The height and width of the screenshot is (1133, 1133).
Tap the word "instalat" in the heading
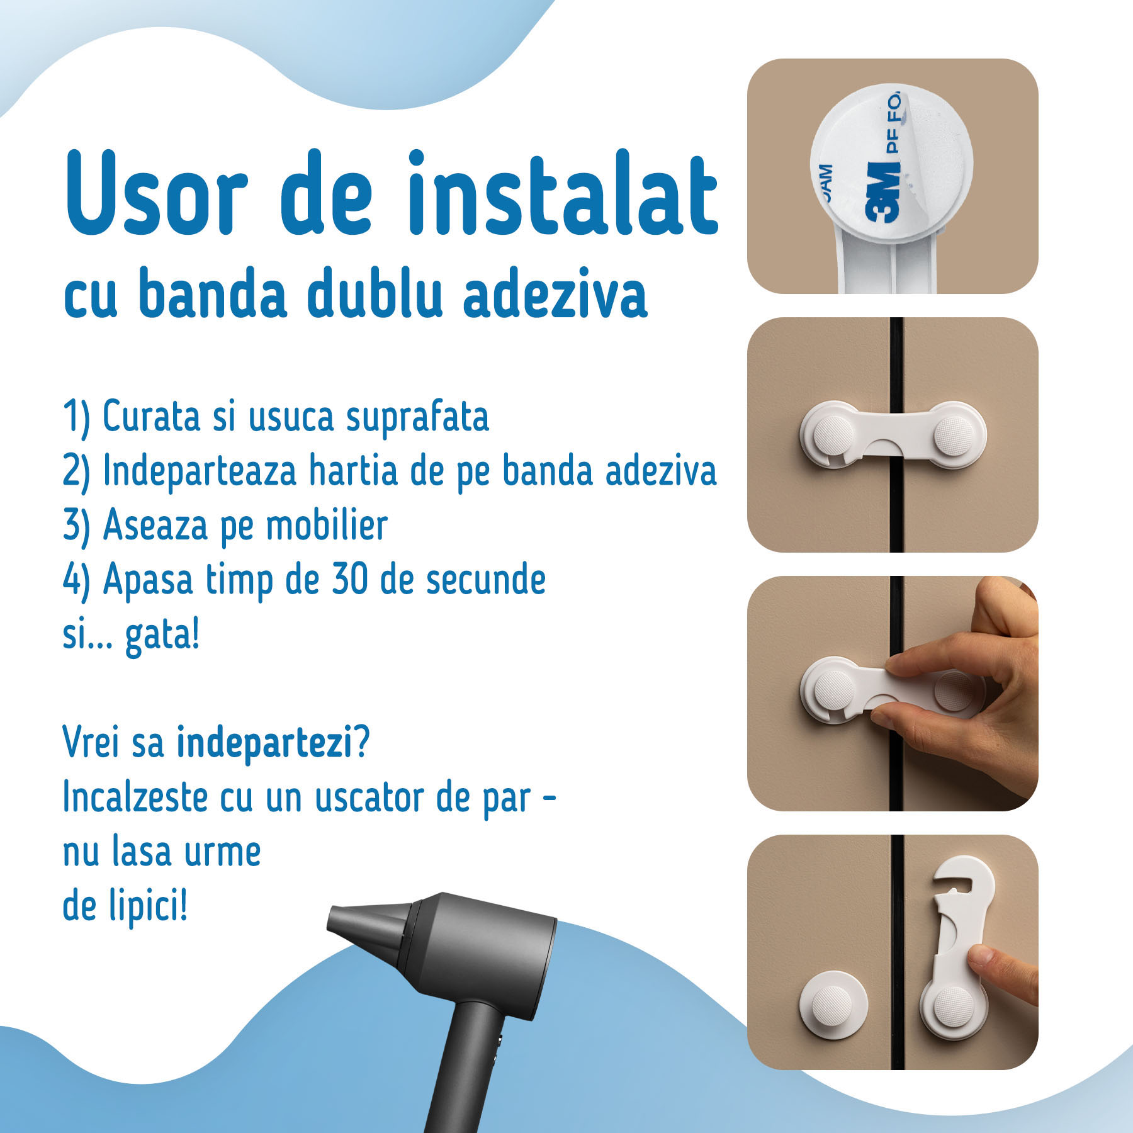(563, 192)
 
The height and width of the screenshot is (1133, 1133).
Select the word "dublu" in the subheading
(375, 293)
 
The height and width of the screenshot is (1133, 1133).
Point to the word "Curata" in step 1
(151, 417)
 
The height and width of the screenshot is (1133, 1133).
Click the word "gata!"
(162, 636)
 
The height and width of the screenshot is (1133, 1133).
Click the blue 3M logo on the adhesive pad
(882, 192)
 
